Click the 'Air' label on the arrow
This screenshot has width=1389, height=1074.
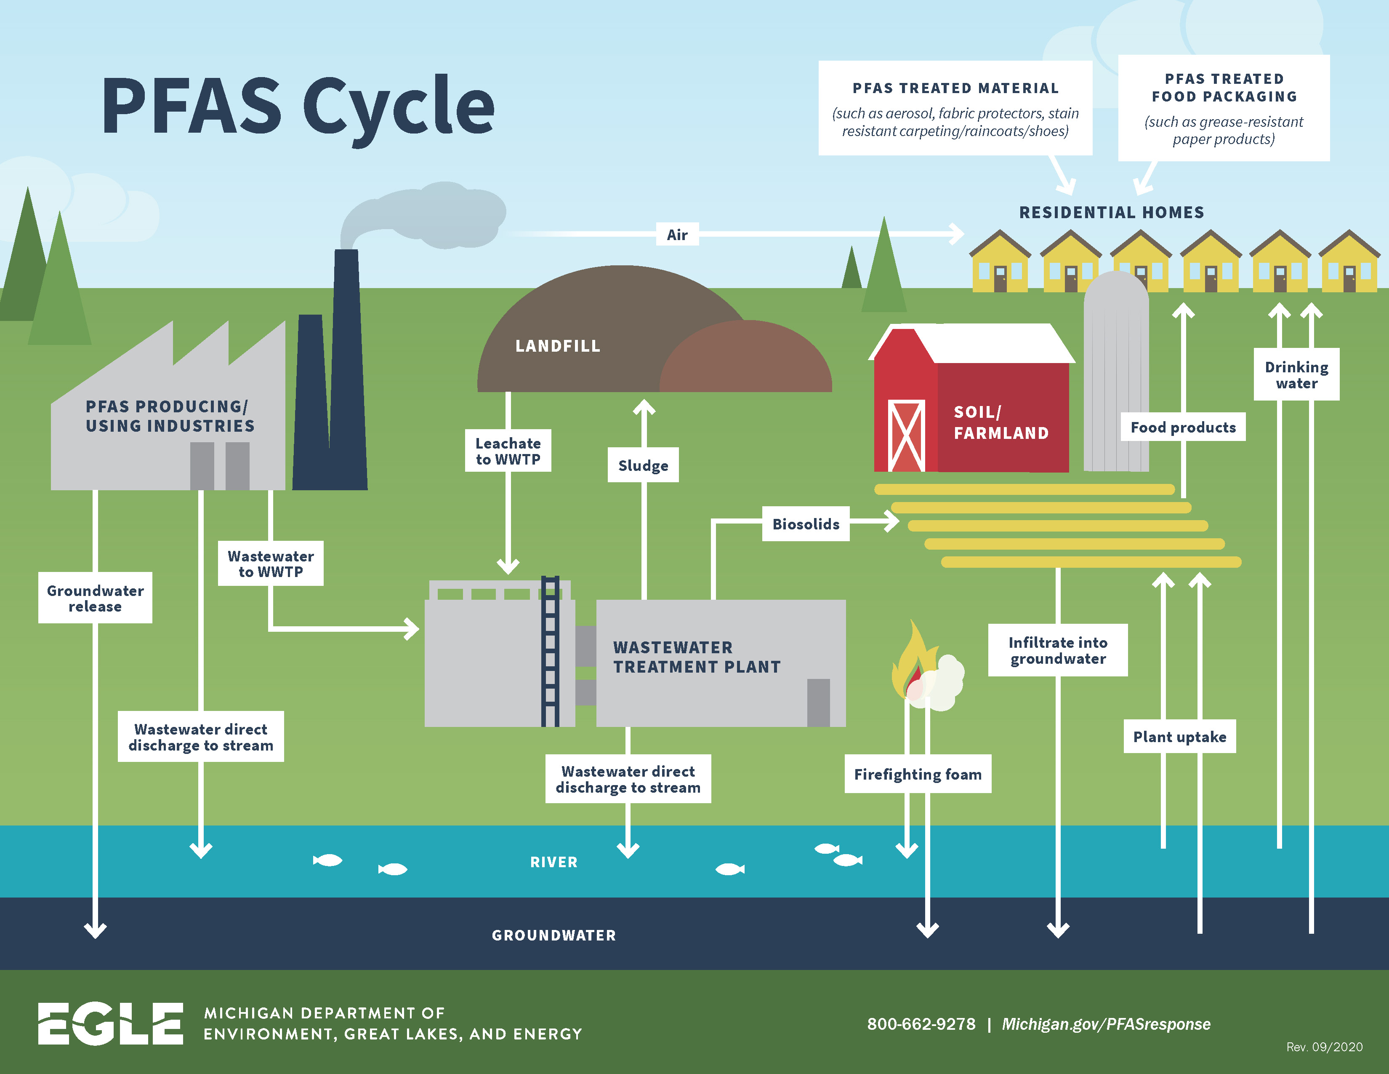(x=677, y=235)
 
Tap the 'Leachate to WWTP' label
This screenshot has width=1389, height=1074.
(x=508, y=451)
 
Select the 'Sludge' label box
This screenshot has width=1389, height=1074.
(x=643, y=465)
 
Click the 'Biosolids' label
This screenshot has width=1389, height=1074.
(x=805, y=524)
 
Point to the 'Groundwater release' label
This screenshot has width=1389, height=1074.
(x=96, y=598)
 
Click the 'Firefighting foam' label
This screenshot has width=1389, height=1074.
(x=917, y=774)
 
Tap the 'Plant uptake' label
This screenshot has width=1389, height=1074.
(x=1179, y=737)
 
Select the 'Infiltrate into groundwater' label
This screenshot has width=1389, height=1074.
(x=1058, y=650)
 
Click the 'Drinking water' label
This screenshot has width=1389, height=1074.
(x=1296, y=375)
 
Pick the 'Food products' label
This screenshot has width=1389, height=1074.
(x=1183, y=427)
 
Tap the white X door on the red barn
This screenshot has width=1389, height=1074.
(x=906, y=435)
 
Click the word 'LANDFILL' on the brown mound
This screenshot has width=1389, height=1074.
(x=558, y=346)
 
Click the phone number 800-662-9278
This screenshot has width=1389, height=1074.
(x=921, y=1024)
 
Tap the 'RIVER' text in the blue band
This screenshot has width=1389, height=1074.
(x=554, y=862)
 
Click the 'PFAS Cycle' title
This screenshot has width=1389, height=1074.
(x=298, y=106)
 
